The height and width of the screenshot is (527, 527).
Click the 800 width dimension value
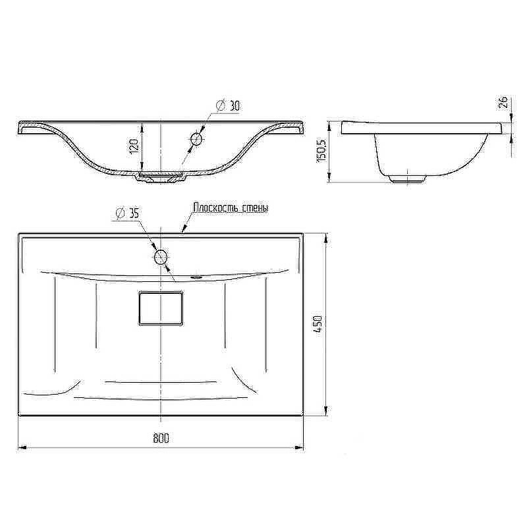coord(161,438)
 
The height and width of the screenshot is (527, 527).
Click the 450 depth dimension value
coord(318,323)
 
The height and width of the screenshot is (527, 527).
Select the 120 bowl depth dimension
coord(134,146)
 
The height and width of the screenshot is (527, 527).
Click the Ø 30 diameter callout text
coord(229,106)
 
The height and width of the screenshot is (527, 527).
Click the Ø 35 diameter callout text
coord(127,212)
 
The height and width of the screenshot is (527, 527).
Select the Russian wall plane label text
coord(231,208)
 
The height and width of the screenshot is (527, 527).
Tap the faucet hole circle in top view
coord(161,258)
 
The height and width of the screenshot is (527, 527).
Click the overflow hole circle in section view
coord(196,139)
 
